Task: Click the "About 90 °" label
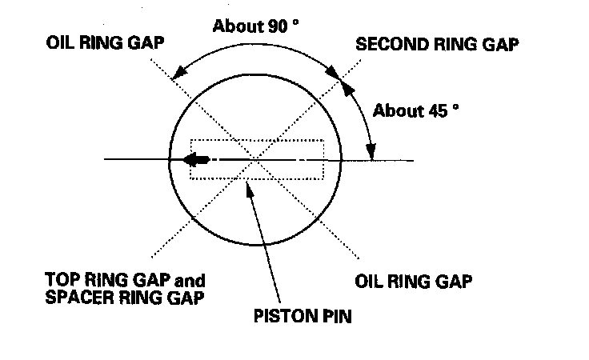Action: [x=255, y=26]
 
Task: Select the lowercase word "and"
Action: [x=190, y=281]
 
